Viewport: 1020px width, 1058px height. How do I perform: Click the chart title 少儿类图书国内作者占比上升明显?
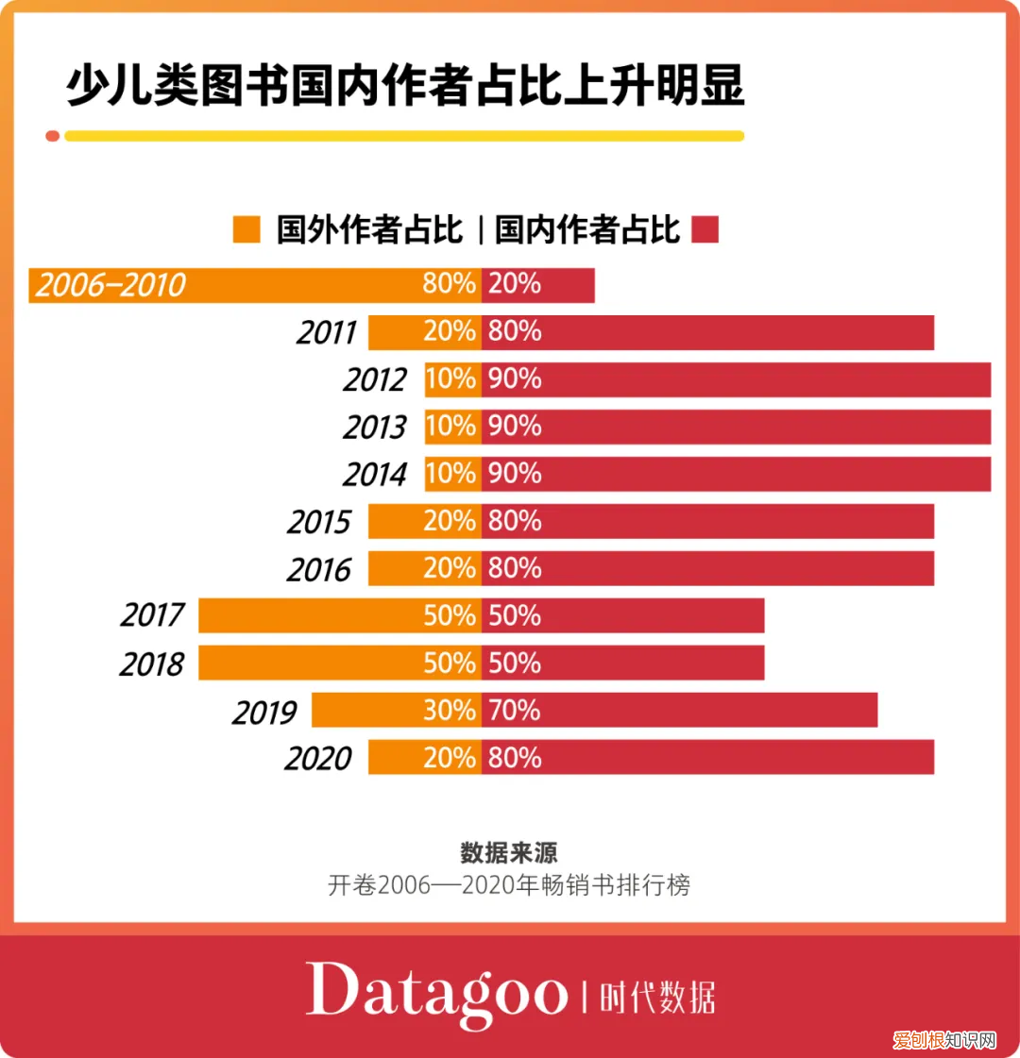[x=405, y=86]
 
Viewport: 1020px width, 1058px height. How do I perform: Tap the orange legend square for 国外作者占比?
[x=246, y=229]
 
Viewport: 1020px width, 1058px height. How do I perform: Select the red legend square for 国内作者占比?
[x=705, y=229]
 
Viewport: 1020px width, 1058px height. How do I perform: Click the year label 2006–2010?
[x=110, y=285]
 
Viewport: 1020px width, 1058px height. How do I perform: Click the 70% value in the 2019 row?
[x=515, y=710]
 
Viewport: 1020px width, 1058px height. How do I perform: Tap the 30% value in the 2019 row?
[x=450, y=710]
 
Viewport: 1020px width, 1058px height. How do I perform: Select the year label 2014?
[x=375, y=475]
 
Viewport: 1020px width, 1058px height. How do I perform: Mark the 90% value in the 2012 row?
[x=515, y=379]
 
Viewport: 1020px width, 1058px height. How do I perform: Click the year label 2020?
[x=318, y=758]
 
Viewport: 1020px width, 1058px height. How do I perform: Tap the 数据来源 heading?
[x=509, y=852]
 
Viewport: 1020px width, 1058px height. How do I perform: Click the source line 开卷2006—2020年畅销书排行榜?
[x=509, y=885]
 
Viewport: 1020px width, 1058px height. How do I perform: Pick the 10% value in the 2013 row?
[x=450, y=427]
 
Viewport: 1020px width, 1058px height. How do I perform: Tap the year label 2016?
[x=320, y=569]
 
